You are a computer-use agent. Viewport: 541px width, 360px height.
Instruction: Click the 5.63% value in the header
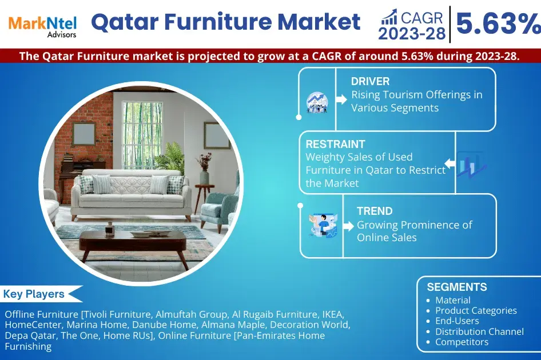[x=496, y=24]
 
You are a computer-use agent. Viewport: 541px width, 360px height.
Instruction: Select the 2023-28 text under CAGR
[x=412, y=34]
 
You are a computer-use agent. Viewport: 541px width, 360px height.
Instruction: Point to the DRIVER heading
[x=371, y=82]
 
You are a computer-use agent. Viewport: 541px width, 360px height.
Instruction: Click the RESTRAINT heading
[x=335, y=144]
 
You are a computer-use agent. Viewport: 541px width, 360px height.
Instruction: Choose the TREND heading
[x=374, y=211]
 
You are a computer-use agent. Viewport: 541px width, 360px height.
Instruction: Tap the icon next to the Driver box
[x=317, y=101]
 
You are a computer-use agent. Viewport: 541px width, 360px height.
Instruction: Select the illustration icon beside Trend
[x=323, y=225]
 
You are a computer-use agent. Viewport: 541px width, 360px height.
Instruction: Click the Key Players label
[x=34, y=294]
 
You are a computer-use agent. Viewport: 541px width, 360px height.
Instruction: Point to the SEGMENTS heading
[x=457, y=287]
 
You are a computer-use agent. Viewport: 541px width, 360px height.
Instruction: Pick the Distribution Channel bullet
[x=479, y=331]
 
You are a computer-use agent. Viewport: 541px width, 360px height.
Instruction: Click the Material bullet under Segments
[x=453, y=300]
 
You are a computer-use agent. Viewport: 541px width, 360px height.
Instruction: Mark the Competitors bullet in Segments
[x=462, y=342]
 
